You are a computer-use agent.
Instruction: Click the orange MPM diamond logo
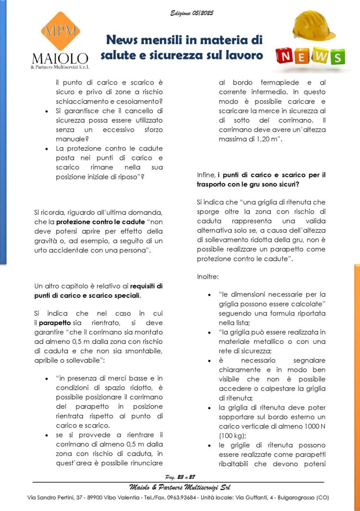pos(60,31)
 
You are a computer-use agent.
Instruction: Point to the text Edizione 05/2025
pos(192,13)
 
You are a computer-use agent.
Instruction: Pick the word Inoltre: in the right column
pos(208,276)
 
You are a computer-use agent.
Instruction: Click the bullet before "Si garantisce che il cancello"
pos(46,111)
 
